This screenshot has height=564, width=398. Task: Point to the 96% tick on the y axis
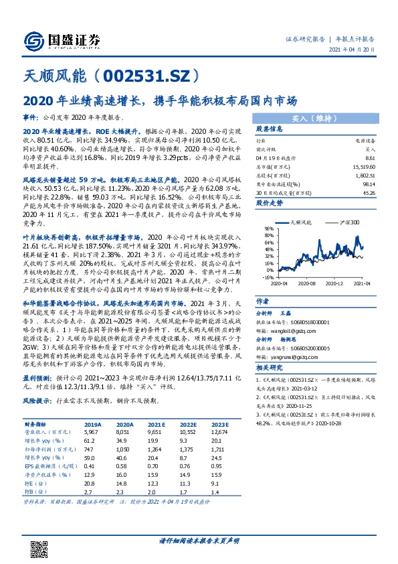pyautogui.click(x=262, y=228)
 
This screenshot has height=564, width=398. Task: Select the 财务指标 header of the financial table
pyautogui.click(x=37, y=423)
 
